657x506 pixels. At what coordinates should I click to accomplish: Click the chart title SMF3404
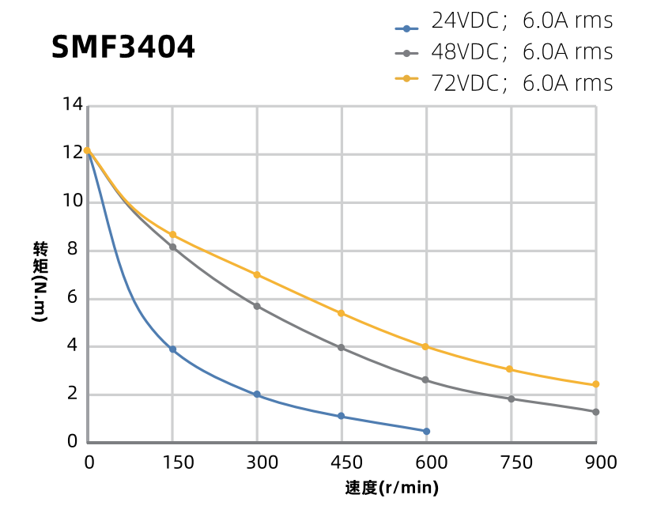click(x=123, y=48)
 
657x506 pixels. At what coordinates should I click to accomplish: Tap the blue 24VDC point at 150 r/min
click(x=172, y=349)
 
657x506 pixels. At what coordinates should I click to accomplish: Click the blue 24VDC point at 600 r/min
click(x=426, y=432)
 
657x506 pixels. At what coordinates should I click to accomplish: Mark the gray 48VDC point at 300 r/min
click(x=257, y=306)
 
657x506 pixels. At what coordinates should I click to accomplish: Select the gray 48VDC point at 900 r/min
click(x=595, y=412)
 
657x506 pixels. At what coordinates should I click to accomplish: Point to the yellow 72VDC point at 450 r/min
click(x=342, y=313)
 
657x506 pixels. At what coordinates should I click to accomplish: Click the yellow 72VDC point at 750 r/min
click(x=510, y=369)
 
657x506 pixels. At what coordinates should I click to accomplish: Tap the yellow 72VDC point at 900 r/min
click(x=595, y=384)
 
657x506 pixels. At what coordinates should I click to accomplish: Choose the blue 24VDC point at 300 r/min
click(x=257, y=395)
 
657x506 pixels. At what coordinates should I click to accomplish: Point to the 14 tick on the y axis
click(x=73, y=105)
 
